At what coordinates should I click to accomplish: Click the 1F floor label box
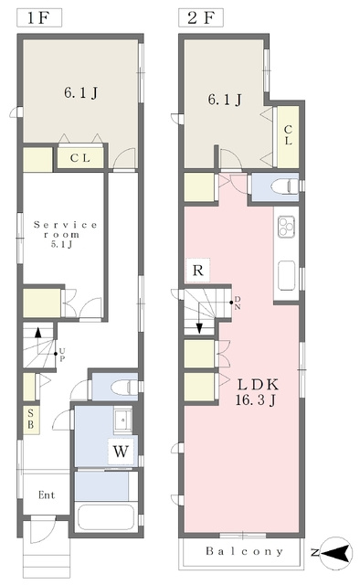coord(39,18)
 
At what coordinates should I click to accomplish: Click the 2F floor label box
coord(201,18)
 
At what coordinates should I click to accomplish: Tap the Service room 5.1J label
coord(65,234)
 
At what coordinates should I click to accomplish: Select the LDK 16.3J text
coord(257,392)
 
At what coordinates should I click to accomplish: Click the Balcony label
coord(244,551)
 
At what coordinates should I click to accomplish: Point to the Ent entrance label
coord(47,495)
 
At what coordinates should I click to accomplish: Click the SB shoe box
coord(31,420)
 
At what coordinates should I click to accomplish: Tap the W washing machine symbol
coord(121,452)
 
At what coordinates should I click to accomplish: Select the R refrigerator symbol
coord(197,270)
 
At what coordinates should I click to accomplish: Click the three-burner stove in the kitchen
coord(286,227)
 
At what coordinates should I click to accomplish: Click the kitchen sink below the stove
coord(287,275)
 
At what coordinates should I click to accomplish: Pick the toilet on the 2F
coord(284,186)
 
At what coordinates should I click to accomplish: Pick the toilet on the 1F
coord(124,387)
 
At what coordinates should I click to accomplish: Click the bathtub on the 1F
coord(106,517)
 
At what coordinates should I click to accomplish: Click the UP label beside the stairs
coord(62,355)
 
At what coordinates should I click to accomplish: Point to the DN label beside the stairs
coord(238,303)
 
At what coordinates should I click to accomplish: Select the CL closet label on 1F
coord(80,158)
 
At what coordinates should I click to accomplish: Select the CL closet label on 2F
coord(288,135)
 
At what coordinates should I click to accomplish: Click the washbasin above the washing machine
coord(122,420)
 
